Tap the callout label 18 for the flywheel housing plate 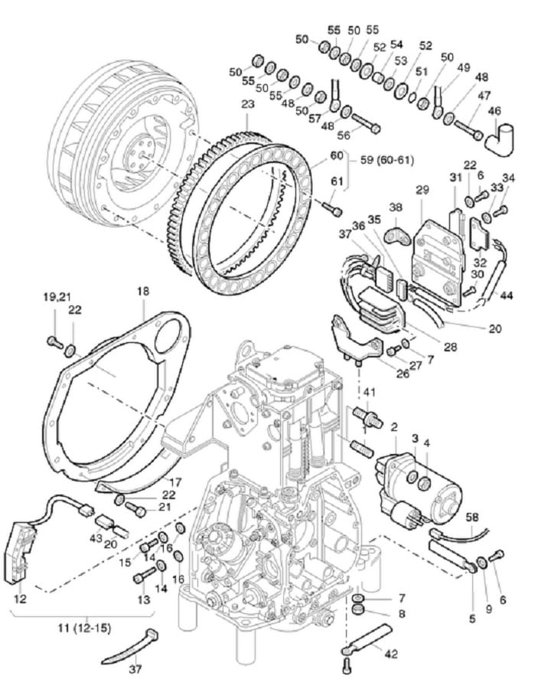(143, 292)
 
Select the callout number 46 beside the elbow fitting (494, 111)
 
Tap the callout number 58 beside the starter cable (474, 518)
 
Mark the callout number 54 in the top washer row (396, 44)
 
